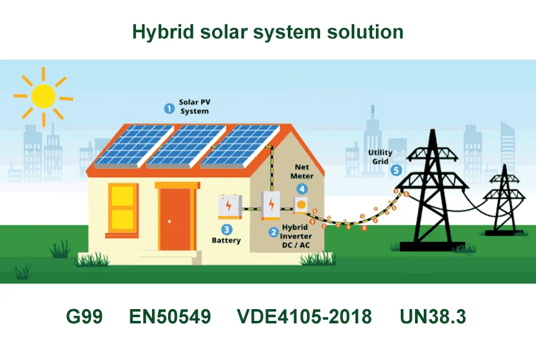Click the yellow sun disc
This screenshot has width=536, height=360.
coord(43,96)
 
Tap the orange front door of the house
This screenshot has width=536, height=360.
coord(176,219)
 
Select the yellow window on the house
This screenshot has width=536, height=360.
coord(122,209)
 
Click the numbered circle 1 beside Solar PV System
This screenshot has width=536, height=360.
coord(169,109)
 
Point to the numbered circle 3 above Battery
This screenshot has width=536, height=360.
coord(226,229)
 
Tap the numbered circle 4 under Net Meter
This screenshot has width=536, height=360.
coord(302,189)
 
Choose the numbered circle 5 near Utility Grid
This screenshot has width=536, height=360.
coord(396,170)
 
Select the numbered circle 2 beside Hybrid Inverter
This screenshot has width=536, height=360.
coord(274,233)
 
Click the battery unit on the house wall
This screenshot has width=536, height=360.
coord(230,206)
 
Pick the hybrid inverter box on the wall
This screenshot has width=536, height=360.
coord(270,205)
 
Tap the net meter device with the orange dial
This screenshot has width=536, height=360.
coord(301,205)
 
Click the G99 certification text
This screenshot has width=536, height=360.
coord(84,317)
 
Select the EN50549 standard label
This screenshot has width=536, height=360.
coord(170,317)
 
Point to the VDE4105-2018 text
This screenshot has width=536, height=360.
coord(304,317)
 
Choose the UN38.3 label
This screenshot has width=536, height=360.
coord(433,317)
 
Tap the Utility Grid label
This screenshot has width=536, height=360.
coord(380,157)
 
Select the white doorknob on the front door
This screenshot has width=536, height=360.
coord(169,222)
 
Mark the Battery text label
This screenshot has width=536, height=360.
coord(226,240)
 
